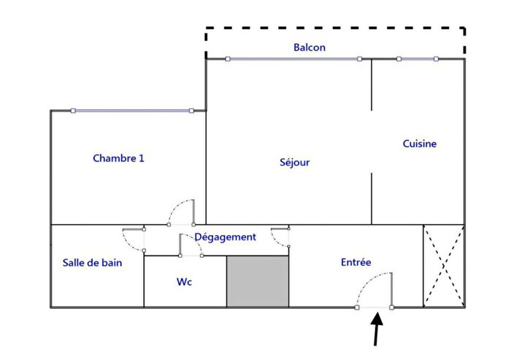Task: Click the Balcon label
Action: point(310,47)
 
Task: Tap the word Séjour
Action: point(295,162)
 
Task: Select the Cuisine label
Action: point(420,144)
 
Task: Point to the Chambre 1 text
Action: point(118,158)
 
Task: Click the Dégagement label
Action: point(225,237)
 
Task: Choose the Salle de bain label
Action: point(92,263)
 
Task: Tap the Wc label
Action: point(185,281)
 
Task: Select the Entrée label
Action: point(356,262)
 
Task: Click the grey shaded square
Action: point(258,281)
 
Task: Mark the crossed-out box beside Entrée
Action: point(444,266)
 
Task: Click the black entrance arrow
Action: point(377,329)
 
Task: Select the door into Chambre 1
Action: point(181,212)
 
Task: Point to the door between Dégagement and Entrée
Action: point(280,238)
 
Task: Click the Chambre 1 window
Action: point(132,111)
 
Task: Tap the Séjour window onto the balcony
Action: point(293,59)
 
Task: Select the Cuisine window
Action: point(418,59)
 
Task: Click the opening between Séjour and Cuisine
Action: point(372,142)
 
